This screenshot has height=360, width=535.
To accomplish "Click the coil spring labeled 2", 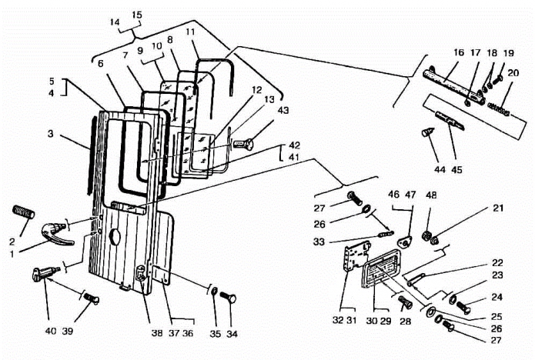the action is pyautogui.click(x=24, y=212).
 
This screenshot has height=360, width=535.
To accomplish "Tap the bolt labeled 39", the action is pyautogui.click(x=92, y=298).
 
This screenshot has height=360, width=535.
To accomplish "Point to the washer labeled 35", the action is pyautogui.click(x=214, y=291).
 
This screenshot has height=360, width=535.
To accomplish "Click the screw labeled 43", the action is pyautogui.click(x=244, y=144).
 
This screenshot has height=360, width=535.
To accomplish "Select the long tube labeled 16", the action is pyautogui.click(x=454, y=86).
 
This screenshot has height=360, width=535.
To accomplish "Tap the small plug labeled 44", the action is pyautogui.click(x=428, y=132).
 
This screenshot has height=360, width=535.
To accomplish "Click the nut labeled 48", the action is pyautogui.click(x=426, y=235).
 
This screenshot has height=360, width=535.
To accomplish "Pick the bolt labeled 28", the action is pyautogui.click(x=406, y=302).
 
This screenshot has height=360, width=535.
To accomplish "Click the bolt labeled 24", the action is pyautogui.click(x=463, y=307).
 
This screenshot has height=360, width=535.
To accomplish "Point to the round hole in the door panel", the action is pyautogui.click(x=115, y=237).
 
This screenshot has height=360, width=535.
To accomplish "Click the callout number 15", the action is pyautogui.click(x=136, y=15).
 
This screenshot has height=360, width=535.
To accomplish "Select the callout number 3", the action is pyautogui.click(x=51, y=134).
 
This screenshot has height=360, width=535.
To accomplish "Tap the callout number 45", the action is pyautogui.click(x=456, y=169).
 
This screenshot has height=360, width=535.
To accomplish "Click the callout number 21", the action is pyautogui.click(x=499, y=208).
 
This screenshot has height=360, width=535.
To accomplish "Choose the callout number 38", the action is pyautogui.click(x=157, y=333).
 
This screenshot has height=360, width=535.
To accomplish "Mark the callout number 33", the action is pyautogui.click(x=319, y=242).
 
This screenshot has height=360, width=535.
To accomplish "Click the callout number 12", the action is pyautogui.click(x=256, y=90).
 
